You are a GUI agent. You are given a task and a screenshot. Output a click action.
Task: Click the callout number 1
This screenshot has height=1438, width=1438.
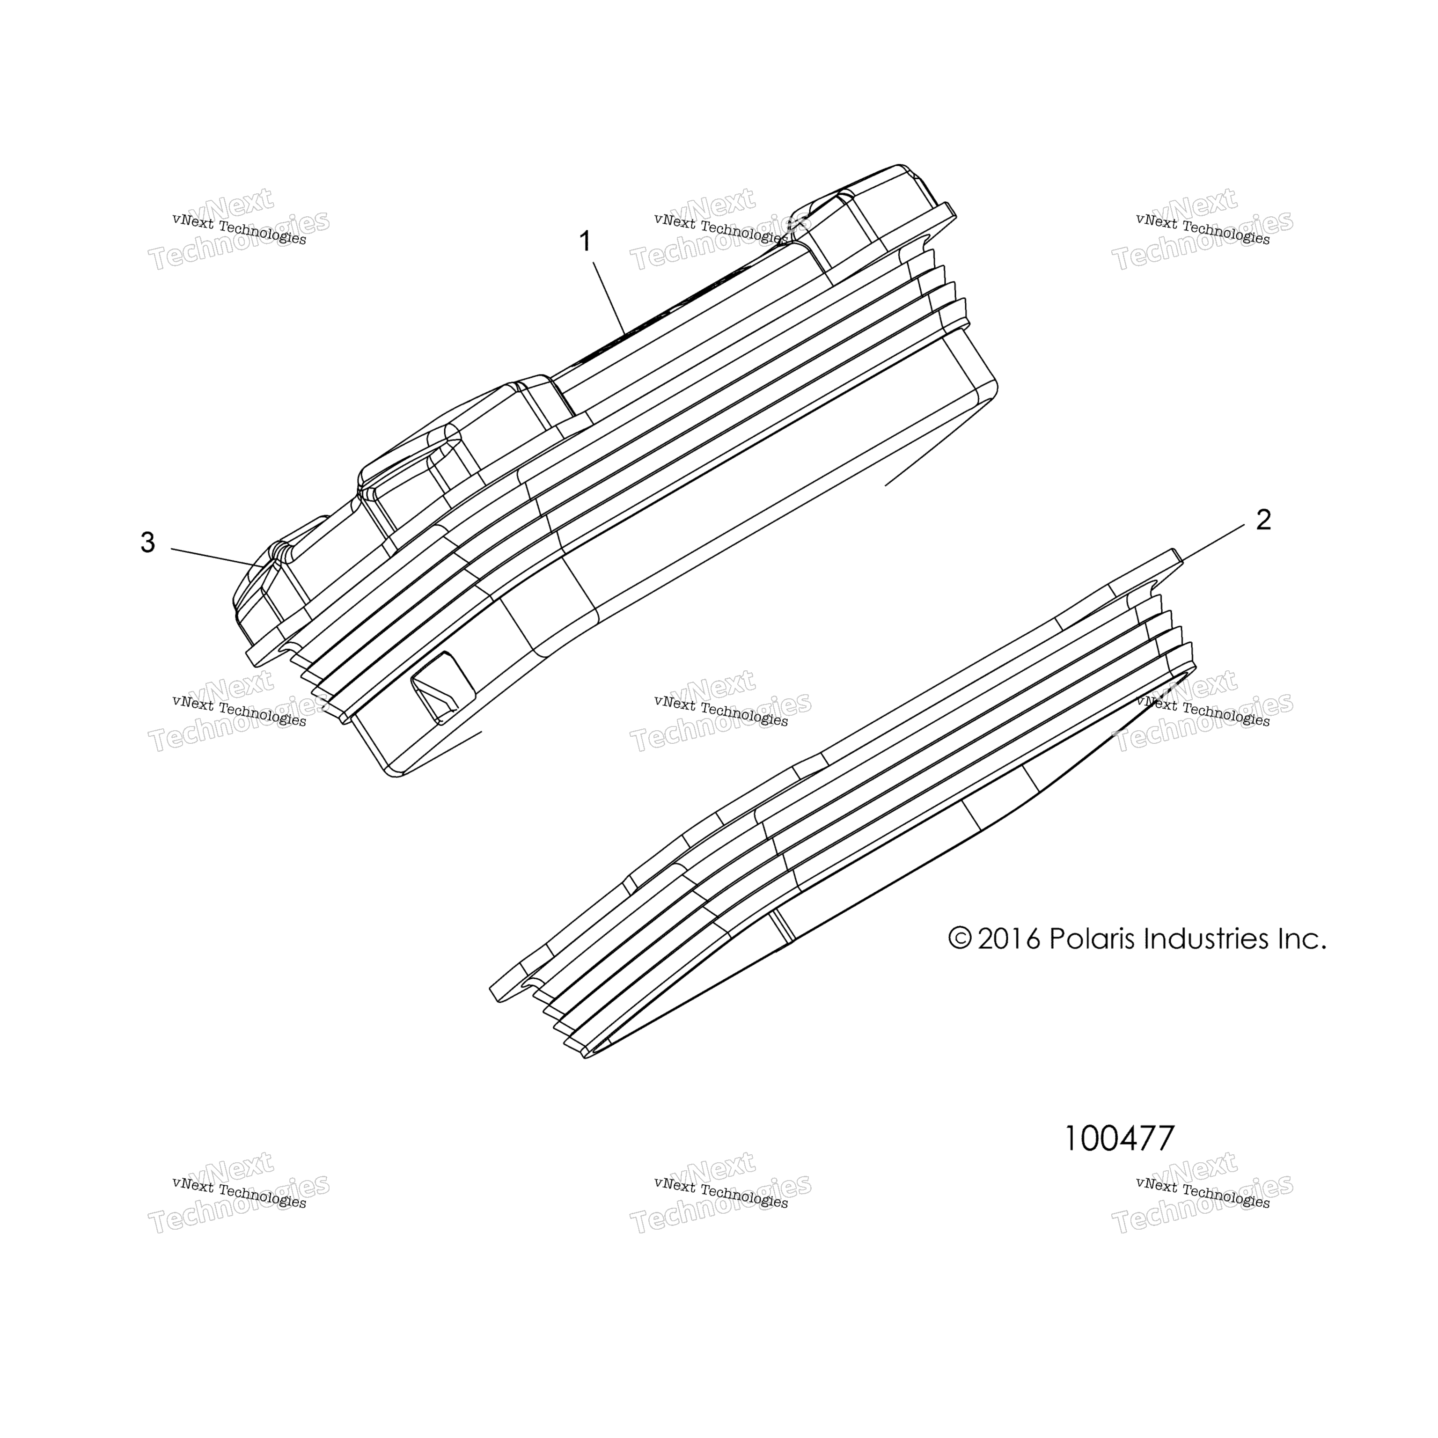pos(586,242)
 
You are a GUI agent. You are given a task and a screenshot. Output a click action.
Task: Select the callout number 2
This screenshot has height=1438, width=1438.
pos(1263,520)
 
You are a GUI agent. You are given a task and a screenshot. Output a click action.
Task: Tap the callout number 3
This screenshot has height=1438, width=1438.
pos(148,543)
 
